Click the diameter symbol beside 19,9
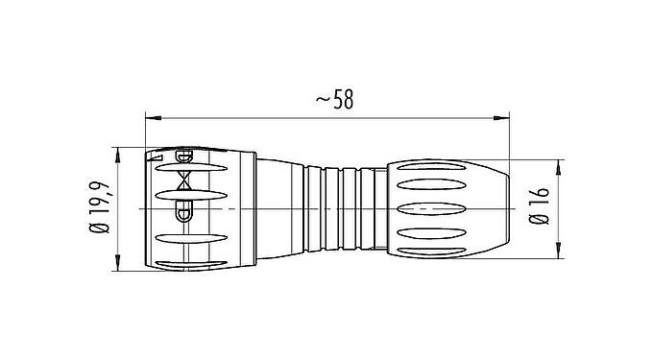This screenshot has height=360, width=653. tap(98, 230)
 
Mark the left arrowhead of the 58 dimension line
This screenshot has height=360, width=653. tap(151, 118)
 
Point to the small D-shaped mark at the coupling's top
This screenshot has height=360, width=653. tap(185, 156)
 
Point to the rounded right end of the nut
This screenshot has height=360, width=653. tap(503, 208)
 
